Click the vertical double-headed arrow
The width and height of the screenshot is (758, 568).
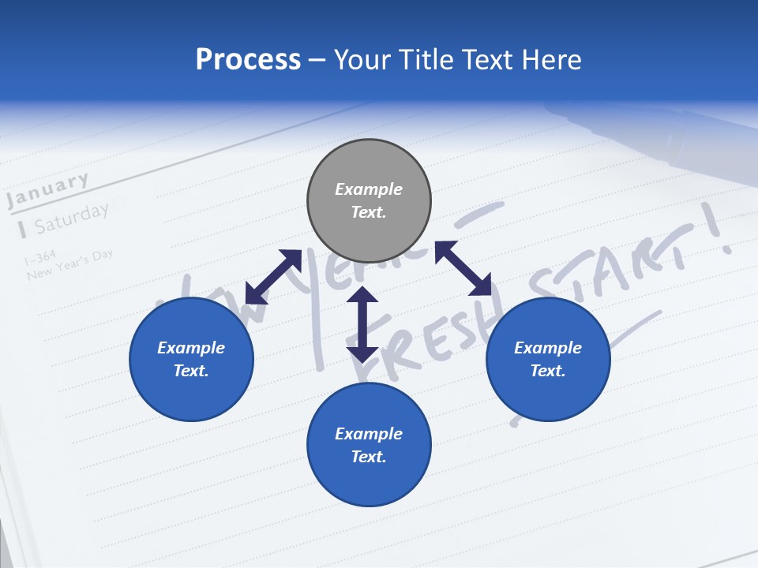[x=362, y=324]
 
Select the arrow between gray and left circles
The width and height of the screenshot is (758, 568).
[x=273, y=276]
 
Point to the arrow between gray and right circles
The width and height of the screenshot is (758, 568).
[x=463, y=268]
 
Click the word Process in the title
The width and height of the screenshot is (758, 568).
[x=248, y=59]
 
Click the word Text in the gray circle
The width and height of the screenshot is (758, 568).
[x=369, y=212]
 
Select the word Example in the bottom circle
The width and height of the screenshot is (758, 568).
[x=369, y=434]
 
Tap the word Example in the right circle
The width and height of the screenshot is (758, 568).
[x=548, y=348]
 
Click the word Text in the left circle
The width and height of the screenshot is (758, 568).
[x=191, y=371]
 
